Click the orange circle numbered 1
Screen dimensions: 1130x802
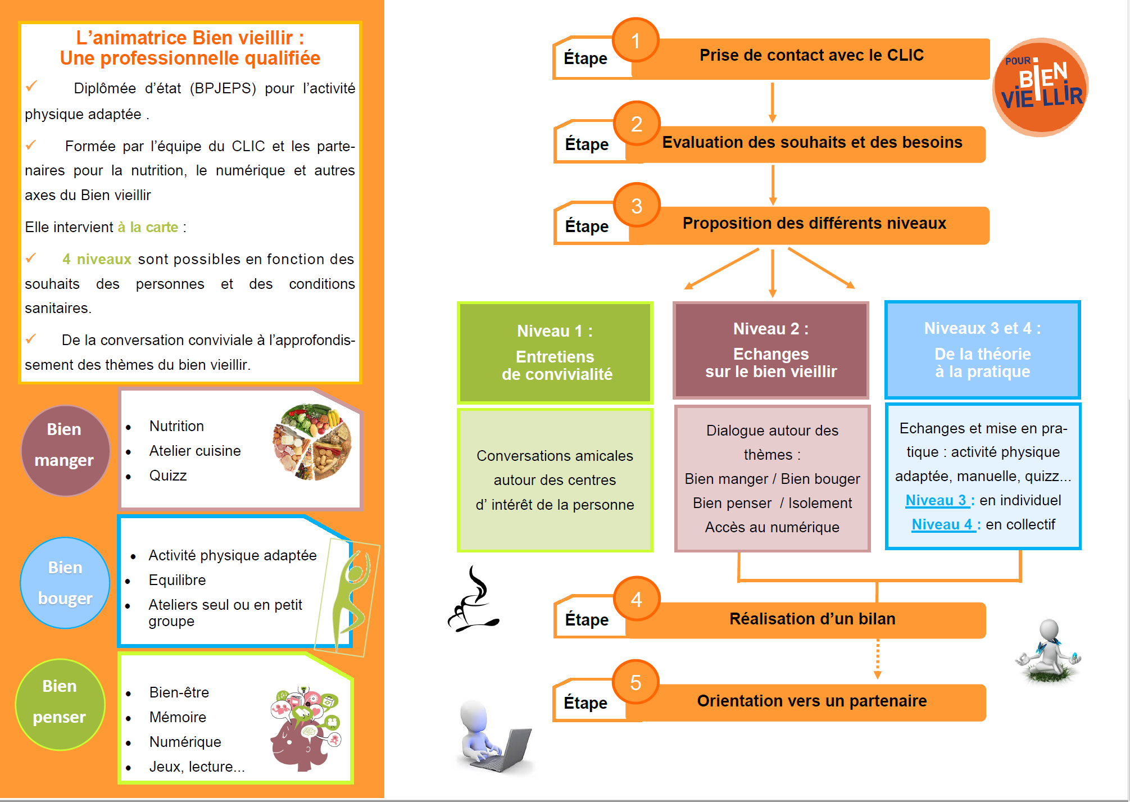coord(636,40)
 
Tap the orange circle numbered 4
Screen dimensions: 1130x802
coord(636,599)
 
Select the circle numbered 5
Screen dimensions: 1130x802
coord(636,682)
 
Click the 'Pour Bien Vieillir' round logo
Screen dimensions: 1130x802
coord(1041,87)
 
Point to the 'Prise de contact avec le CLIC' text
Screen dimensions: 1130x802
coord(811,55)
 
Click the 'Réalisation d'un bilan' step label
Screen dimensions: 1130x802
coord(812,619)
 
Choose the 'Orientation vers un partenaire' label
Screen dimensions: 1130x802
coord(812,701)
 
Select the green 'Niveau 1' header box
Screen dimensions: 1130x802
coord(555,352)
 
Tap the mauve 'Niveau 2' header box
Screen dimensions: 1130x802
coord(771,350)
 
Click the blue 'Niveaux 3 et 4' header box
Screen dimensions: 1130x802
coord(983,350)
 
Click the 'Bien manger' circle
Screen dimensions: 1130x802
coord(65,450)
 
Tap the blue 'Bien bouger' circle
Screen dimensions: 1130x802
coord(65,583)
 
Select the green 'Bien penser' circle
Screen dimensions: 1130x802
coord(60,704)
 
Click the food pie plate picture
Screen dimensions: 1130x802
coord(312,442)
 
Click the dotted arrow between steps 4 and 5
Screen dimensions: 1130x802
coord(877,658)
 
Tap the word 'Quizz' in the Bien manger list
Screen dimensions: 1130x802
coord(168,475)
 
